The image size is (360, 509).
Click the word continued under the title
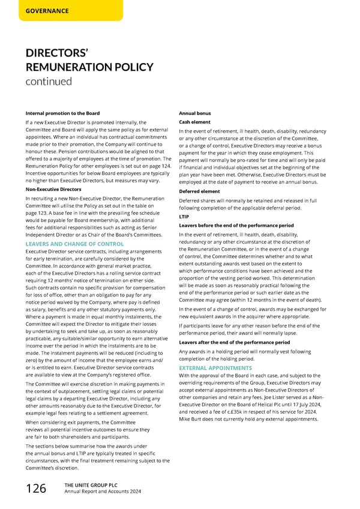(x=49, y=80)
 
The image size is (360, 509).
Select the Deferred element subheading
(x=200, y=191)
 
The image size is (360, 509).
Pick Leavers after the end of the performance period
(x=234, y=342)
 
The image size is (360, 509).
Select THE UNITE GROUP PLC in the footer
(x=83, y=485)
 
